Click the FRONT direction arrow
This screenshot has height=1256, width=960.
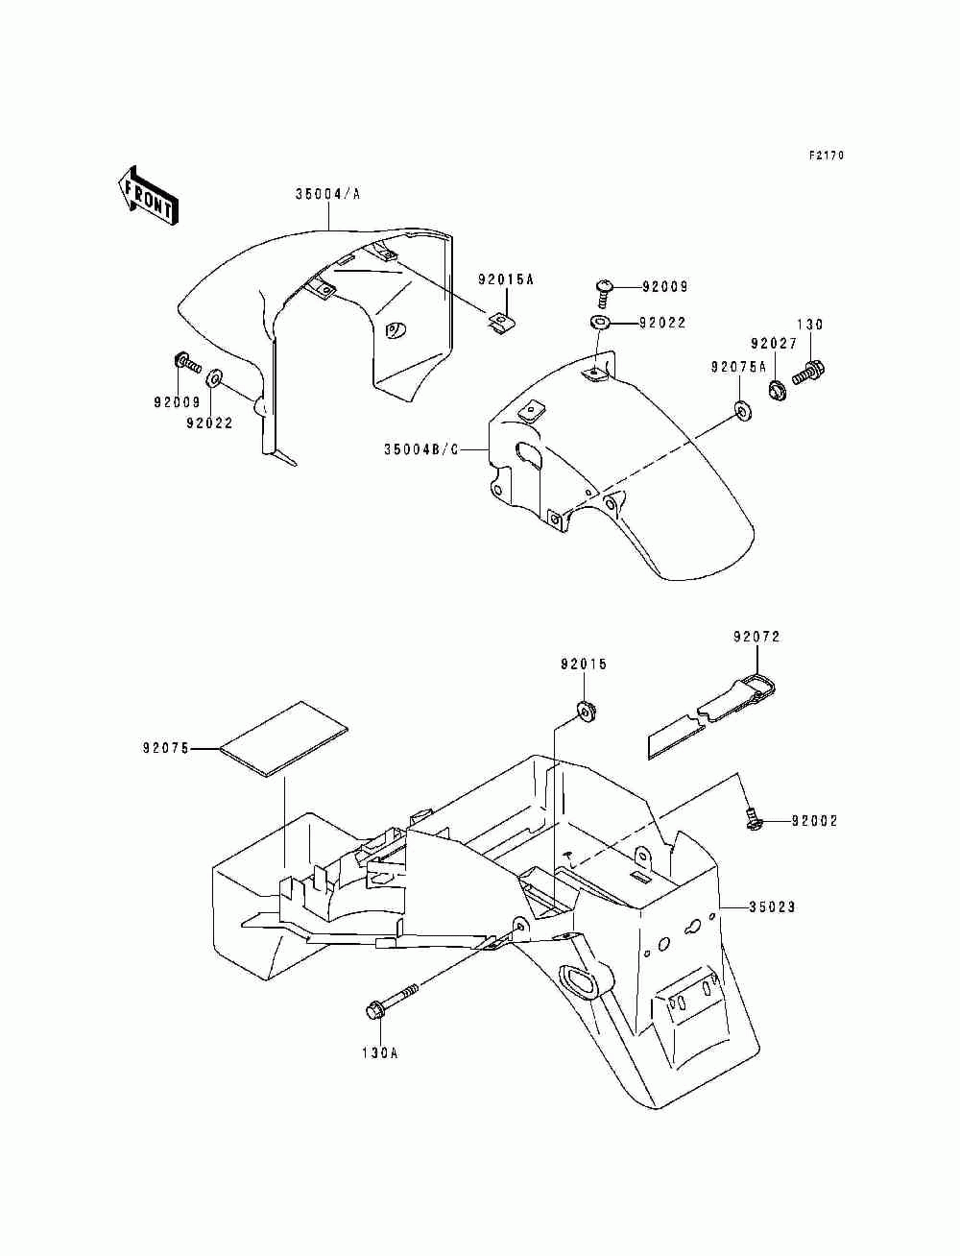click(x=148, y=196)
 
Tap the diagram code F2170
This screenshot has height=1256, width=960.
click(x=827, y=156)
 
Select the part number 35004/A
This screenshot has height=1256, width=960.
click(x=328, y=193)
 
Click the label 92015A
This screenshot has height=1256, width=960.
click(x=506, y=279)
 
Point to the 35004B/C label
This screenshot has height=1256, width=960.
click(x=421, y=449)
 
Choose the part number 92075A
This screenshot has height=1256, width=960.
click(x=738, y=367)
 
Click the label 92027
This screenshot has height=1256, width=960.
click(x=774, y=344)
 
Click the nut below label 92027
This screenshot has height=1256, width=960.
click(x=778, y=390)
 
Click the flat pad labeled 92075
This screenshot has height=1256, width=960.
click(x=284, y=738)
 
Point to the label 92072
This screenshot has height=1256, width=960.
click(x=756, y=637)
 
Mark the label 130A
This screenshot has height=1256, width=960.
click(x=380, y=1052)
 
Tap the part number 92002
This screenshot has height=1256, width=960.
click(x=815, y=821)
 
